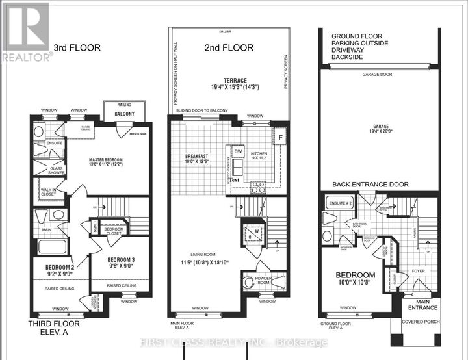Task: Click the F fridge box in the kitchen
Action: click(x=280, y=138)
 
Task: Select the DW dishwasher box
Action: click(x=239, y=151)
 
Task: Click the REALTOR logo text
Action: click(x=25, y=57)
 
